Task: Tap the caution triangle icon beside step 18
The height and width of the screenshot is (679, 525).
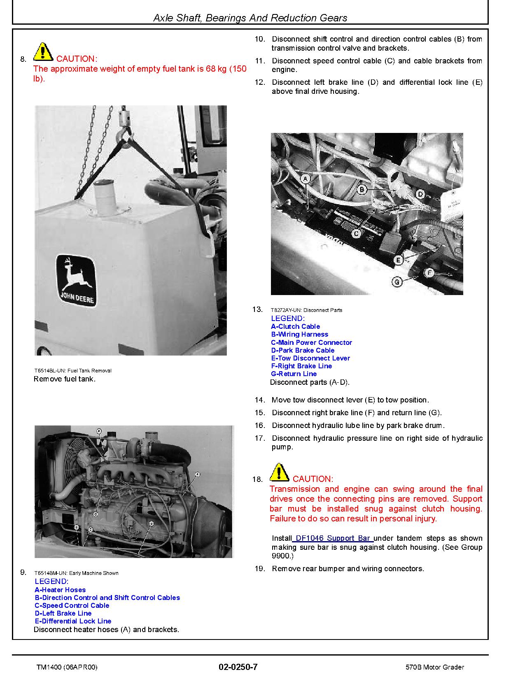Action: click(x=279, y=472)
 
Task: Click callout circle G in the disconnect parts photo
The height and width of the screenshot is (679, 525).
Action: click(x=397, y=282)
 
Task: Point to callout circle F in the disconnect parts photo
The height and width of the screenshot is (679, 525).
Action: click(x=429, y=273)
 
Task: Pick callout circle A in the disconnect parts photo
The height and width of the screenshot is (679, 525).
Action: click(x=305, y=179)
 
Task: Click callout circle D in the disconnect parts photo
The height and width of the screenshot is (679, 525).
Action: click(x=420, y=194)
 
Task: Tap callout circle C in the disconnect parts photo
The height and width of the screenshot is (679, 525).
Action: click(x=357, y=233)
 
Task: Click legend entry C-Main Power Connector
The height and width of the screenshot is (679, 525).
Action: click(x=311, y=342)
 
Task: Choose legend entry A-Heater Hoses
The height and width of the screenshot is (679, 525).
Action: click(x=60, y=590)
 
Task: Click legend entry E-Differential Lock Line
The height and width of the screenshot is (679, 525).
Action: click(x=73, y=621)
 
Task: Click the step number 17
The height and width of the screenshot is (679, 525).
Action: click(x=259, y=438)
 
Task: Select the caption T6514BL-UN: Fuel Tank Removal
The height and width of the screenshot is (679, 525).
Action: click(x=73, y=370)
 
